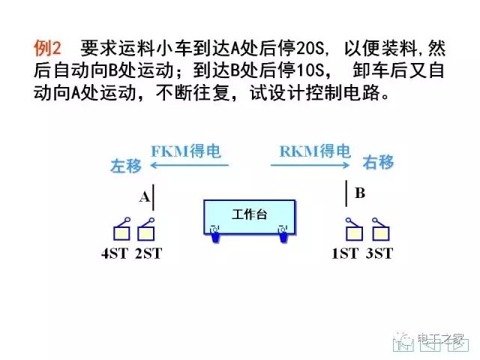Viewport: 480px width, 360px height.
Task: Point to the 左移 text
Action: click(126, 166)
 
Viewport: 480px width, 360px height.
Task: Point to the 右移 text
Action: click(379, 163)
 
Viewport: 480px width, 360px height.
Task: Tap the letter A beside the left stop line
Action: click(145, 197)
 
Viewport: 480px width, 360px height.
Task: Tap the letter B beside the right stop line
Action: click(360, 193)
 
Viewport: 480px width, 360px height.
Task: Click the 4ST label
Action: click(115, 253)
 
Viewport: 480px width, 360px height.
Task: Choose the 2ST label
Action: click(148, 253)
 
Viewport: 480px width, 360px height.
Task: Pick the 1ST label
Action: click(345, 253)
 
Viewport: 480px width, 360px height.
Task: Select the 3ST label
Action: click(379, 253)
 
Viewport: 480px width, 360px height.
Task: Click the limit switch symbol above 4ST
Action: click(120, 229)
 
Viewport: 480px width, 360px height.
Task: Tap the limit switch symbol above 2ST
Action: click(146, 229)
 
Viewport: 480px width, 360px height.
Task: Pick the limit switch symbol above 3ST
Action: click(379, 229)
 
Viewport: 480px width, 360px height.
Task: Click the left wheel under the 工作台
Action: click(215, 233)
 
